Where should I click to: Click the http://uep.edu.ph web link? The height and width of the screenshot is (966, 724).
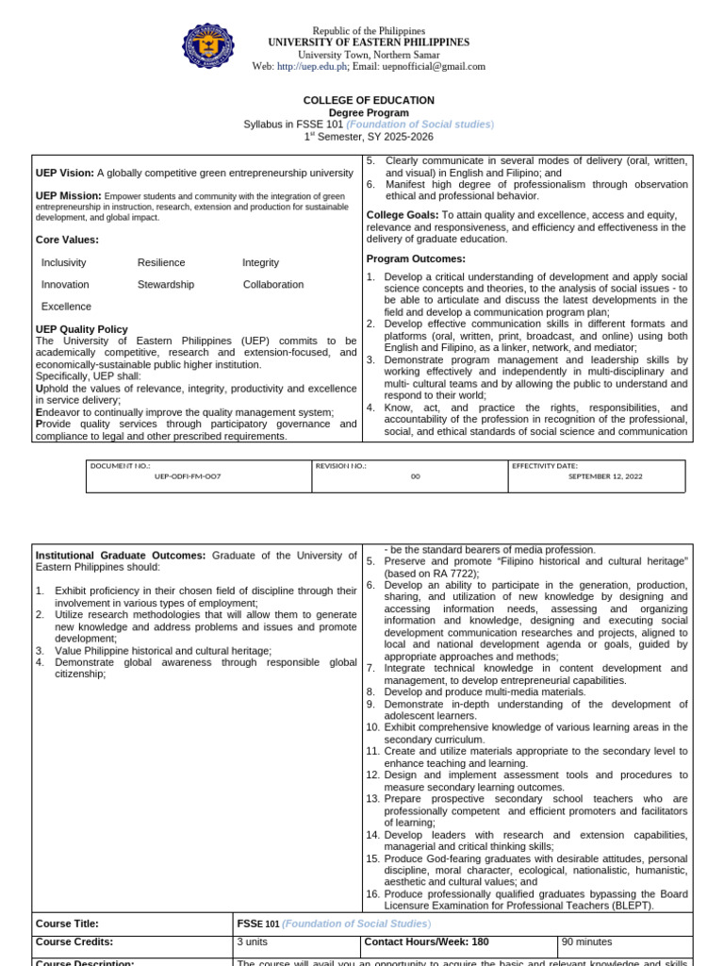point(312,67)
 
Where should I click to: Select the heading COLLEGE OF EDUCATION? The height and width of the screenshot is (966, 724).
point(369,100)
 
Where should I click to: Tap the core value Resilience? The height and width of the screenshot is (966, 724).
point(161,262)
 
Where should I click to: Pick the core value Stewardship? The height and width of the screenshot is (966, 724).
point(166,284)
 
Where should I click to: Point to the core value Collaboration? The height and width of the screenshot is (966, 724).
point(273,284)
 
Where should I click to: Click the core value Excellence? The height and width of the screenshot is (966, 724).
point(67,307)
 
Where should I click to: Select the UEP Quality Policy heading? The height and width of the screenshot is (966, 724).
point(81,329)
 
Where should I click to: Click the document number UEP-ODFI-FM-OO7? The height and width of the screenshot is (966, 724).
point(188,476)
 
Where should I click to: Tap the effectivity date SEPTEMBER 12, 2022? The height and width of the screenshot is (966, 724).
point(604,476)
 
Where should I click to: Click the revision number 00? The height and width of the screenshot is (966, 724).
point(415,476)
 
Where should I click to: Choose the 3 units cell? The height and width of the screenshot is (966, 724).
point(253,941)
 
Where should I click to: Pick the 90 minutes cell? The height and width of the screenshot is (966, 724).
point(586,941)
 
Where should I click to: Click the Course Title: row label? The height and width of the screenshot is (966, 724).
point(67,924)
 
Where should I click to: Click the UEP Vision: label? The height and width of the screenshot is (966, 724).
point(65,173)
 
